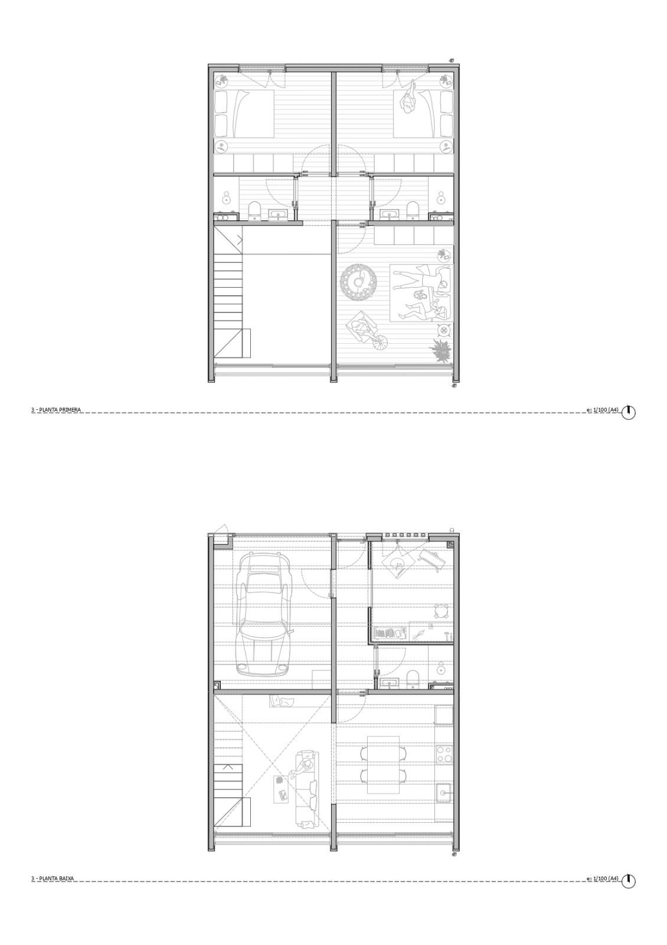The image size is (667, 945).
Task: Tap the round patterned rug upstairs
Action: (358, 282)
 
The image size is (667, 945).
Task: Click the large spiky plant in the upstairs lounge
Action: (440, 350)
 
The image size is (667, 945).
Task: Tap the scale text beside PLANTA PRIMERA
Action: (603, 409)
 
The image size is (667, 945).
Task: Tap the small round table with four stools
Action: (441, 611)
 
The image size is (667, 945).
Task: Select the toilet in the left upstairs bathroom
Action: (254, 211)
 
